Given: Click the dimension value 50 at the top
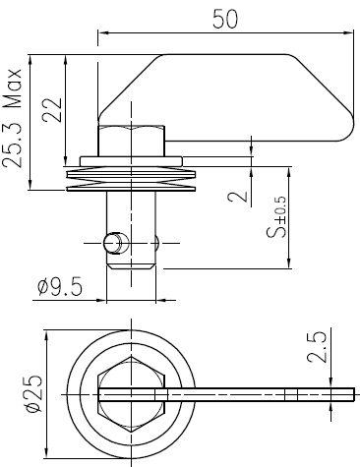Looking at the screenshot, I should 225,21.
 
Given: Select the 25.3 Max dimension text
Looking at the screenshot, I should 13,119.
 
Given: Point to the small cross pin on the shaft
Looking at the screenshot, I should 115,240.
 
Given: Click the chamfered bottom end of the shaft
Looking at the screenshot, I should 130,263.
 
